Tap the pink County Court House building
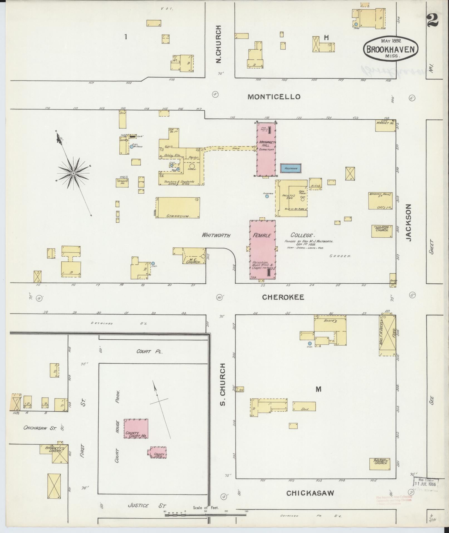coord(136,429)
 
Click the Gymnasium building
coord(177,208)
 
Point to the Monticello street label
coord(274,97)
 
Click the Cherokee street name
coord(283,297)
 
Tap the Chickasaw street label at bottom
coord(310,493)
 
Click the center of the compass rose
coord(73,173)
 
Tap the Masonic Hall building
coord(380,201)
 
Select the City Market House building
coord(385,125)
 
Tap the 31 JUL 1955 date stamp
coord(425,484)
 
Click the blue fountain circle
coord(267,196)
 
